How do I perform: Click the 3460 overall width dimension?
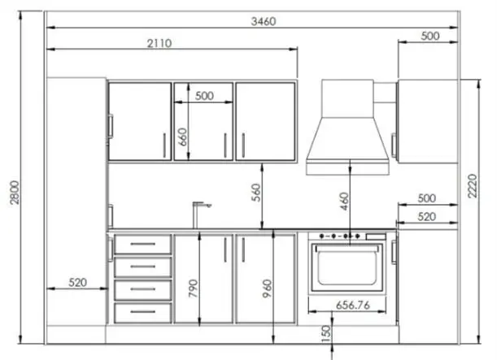[x=264, y=21]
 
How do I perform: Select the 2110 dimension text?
[x=159, y=43]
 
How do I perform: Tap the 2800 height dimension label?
[x=15, y=193]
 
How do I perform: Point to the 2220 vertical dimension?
[x=473, y=186]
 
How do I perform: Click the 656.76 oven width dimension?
[x=353, y=306]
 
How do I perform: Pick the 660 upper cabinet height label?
[x=182, y=137]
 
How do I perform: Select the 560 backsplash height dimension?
[x=256, y=193]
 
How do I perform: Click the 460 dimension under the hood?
[x=344, y=202]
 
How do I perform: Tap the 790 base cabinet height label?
[x=193, y=288]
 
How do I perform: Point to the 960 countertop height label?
[x=267, y=288]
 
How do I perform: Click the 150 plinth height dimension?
[x=325, y=334]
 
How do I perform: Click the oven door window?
[x=347, y=267]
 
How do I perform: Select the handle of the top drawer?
[x=143, y=244]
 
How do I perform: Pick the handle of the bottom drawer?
[x=143, y=312]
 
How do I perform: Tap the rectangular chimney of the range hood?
[x=347, y=98]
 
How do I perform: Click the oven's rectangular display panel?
[x=377, y=236]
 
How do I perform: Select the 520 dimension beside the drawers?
[x=77, y=282]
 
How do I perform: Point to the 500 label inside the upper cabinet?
[x=204, y=96]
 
